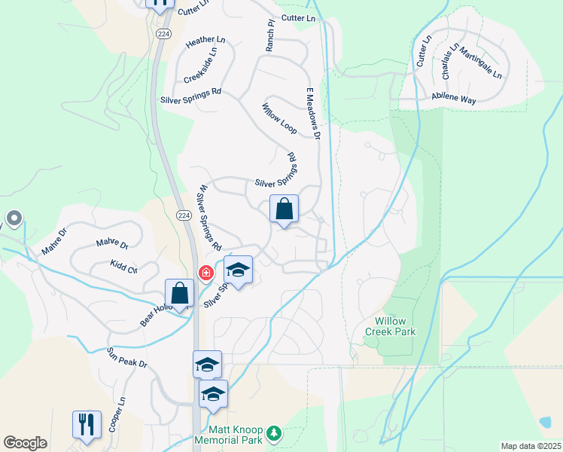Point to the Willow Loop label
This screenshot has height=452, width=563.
click(279, 119)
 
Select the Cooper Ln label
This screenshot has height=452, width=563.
click(116, 415)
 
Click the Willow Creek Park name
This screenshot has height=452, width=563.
click(391, 325)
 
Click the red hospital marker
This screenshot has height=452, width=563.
click(204, 272)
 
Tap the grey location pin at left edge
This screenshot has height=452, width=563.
click(13, 220)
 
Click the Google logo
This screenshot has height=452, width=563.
click(26, 443)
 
